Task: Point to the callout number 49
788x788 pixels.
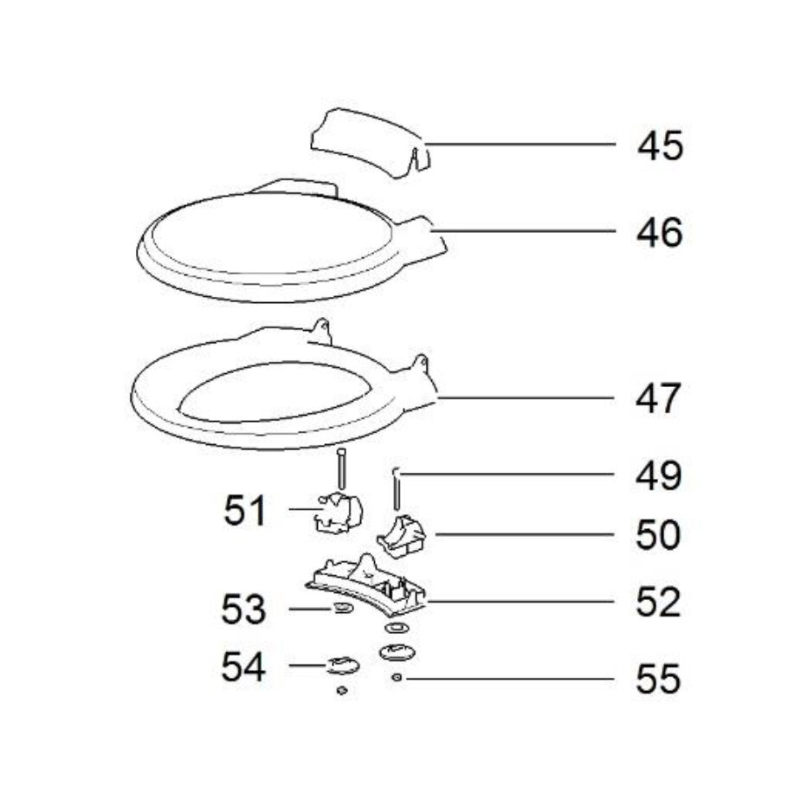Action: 660,475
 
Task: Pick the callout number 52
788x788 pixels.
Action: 660,603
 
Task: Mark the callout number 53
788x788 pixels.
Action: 243,610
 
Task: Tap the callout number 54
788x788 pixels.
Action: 243,666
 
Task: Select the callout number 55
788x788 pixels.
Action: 660,680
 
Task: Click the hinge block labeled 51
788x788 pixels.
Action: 339,512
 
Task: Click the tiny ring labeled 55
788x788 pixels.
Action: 396,678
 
